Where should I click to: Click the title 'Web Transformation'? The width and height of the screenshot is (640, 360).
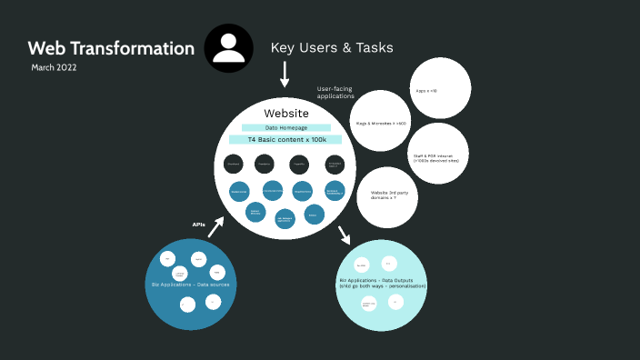click(x=111, y=48)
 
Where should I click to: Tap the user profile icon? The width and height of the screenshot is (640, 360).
click(x=229, y=48)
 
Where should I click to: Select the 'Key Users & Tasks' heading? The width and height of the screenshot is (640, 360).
click(x=332, y=47)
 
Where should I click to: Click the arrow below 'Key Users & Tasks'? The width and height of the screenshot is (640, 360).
click(x=285, y=74)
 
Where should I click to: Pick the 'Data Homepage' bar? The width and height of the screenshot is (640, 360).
click(x=284, y=128)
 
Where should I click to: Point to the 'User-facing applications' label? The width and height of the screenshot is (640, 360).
click(x=334, y=92)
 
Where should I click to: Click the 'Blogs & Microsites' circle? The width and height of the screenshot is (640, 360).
click(x=380, y=121)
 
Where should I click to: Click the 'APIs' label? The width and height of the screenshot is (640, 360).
click(x=198, y=224)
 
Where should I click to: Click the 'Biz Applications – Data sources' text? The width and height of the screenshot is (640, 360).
click(x=190, y=285)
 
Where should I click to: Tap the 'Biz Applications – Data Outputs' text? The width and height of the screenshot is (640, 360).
click(x=382, y=283)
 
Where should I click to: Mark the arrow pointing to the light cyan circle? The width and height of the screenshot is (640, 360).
click(x=345, y=235)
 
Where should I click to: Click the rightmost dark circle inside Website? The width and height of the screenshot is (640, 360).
click(x=335, y=165)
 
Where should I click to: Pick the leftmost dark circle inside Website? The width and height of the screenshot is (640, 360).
click(x=235, y=165)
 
